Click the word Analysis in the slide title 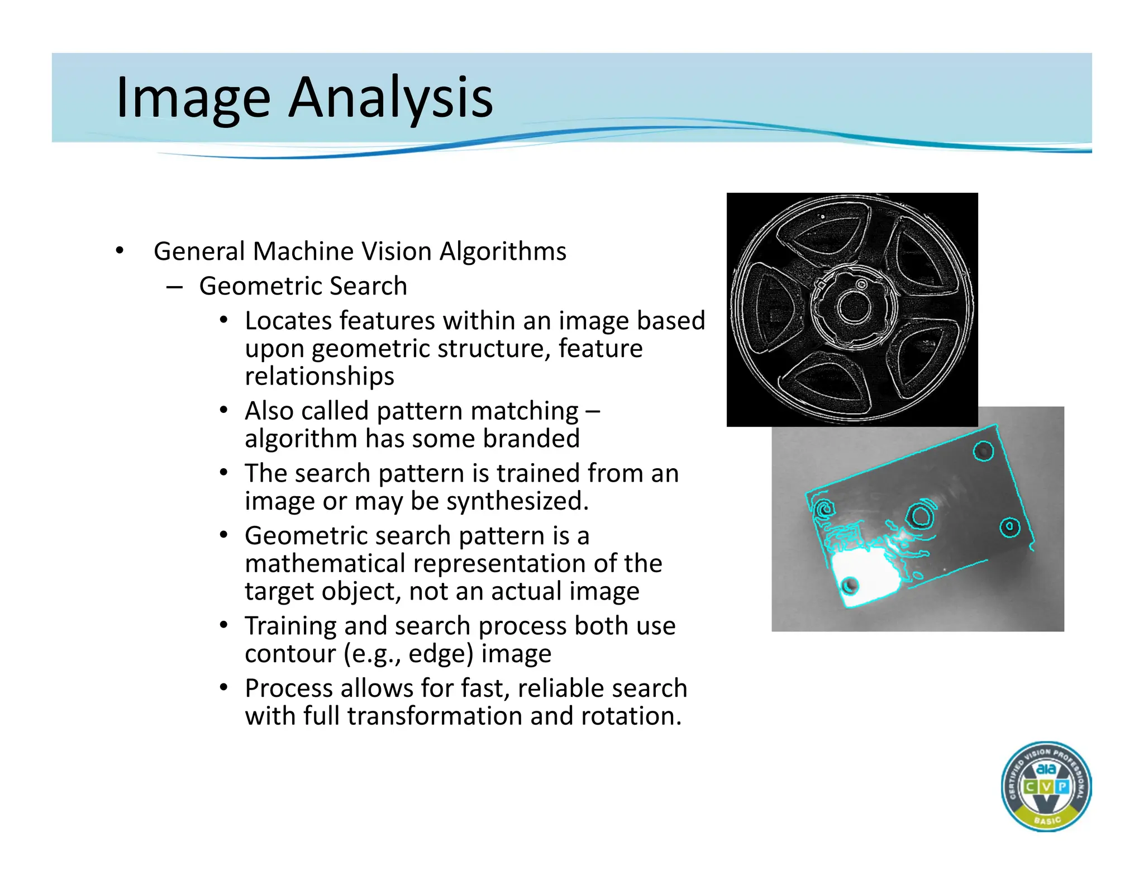pyautogui.click(x=390, y=98)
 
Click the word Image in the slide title pyautogui.click(x=193, y=98)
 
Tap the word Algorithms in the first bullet pyautogui.click(x=503, y=251)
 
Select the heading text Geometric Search pyautogui.click(x=303, y=286)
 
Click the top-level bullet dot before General pyautogui.click(x=119, y=251)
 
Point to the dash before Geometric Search pyautogui.click(x=174, y=287)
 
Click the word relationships pyautogui.click(x=320, y=376)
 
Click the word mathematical pyautogui.click(x=325, y=563)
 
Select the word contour pyautogui.click(x=290, y=654)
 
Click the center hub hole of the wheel pyautogui.click(x=853, y=308)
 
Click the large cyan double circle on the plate pyautogui.click(x=919, y=516)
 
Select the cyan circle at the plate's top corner pyautogui.click(x=983, y=451)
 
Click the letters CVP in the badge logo pyautogui.click(x=1046, y=787)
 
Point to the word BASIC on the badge pyautogui.click(x=1047, y=820)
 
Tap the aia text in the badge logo pyautogui.click(x=1046, y=770)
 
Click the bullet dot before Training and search pyautogui.click(x=223, y=625)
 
